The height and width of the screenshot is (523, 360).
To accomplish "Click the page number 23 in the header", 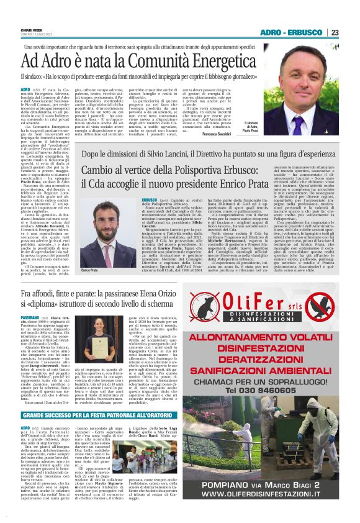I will [x=334, y=33].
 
